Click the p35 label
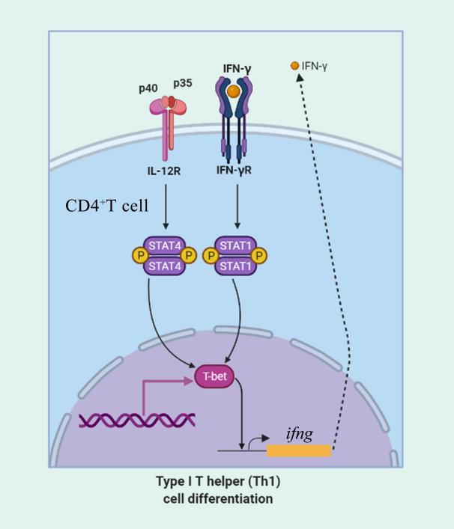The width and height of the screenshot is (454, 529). (183, 83)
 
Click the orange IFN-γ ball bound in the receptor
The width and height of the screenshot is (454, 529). (234, 92)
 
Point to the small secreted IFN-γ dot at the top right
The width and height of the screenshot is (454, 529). (295, 67)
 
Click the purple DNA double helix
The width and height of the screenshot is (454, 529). (137, 420)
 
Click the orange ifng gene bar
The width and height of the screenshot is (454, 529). (298, 450)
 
